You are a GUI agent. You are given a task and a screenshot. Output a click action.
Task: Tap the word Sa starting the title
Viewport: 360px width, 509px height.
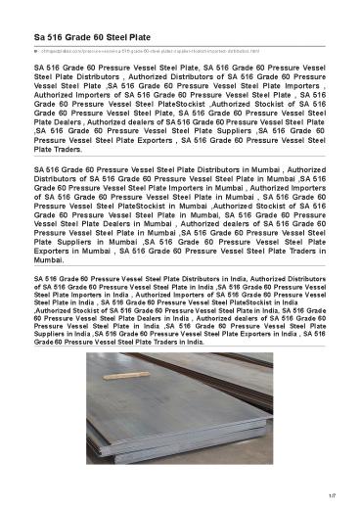click(x=40, y=36)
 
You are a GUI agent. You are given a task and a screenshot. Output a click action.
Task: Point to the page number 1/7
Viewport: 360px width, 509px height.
click(x=333, y=496)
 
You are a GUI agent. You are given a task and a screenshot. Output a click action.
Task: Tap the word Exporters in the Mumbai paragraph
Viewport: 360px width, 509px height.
click(x=59, y=250)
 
